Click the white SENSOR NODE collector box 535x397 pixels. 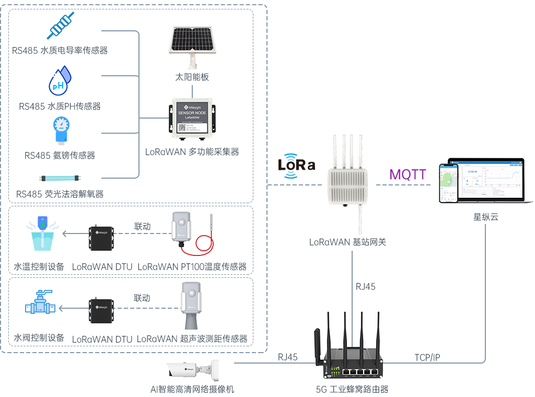192,118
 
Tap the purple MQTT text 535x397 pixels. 408,174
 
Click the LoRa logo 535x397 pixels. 296,166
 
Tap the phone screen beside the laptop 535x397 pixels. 448,183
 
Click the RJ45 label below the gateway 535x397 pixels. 365,286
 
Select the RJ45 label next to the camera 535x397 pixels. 287,357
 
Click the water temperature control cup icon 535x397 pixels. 42,235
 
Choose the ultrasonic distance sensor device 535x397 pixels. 191,306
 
